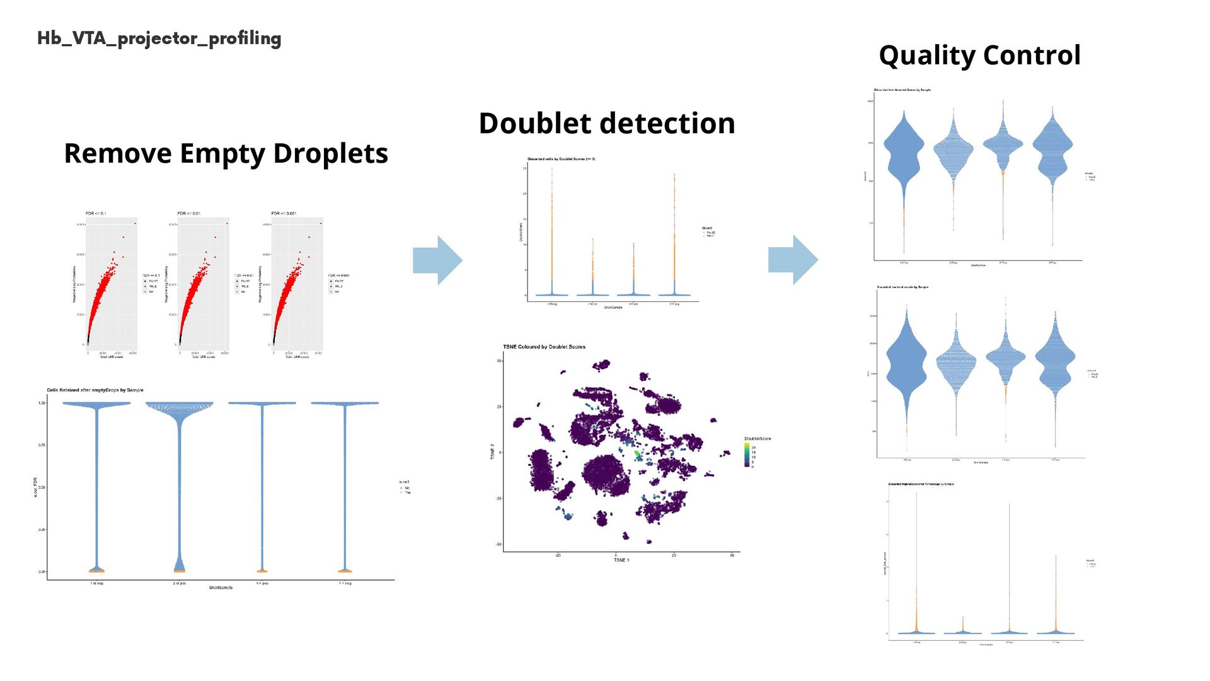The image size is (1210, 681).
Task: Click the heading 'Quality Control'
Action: pos(979,55)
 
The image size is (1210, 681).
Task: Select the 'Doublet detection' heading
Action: pos(607,124)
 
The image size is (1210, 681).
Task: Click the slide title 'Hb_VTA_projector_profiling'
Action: pos(159,38)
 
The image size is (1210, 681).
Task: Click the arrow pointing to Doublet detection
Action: pos(437,260)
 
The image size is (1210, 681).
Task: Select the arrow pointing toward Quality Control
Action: pos(793,260)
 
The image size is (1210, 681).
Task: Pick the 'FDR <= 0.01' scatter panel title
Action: pos(189,213)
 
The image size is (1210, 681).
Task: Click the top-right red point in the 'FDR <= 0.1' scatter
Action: pos(135,223)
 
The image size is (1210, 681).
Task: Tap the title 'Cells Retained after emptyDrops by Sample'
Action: pos(95,390)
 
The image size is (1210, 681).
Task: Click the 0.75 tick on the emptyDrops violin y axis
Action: pos(42,445)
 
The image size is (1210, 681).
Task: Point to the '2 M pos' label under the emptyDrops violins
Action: pos(179,583)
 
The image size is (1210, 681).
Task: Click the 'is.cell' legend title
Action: pos(404,482)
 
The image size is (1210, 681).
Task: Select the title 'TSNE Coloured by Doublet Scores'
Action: pos(544,347)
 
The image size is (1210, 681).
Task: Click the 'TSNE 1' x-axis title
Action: pos(621,560)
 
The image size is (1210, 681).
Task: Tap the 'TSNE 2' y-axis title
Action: pos(493,451)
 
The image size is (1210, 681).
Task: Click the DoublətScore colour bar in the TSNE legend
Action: pos(747,455)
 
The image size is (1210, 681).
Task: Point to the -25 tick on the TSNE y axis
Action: pos(498,498)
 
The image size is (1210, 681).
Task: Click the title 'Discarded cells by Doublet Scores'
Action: pos(561,159)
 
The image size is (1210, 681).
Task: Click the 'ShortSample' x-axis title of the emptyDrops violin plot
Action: pos(221,588)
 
